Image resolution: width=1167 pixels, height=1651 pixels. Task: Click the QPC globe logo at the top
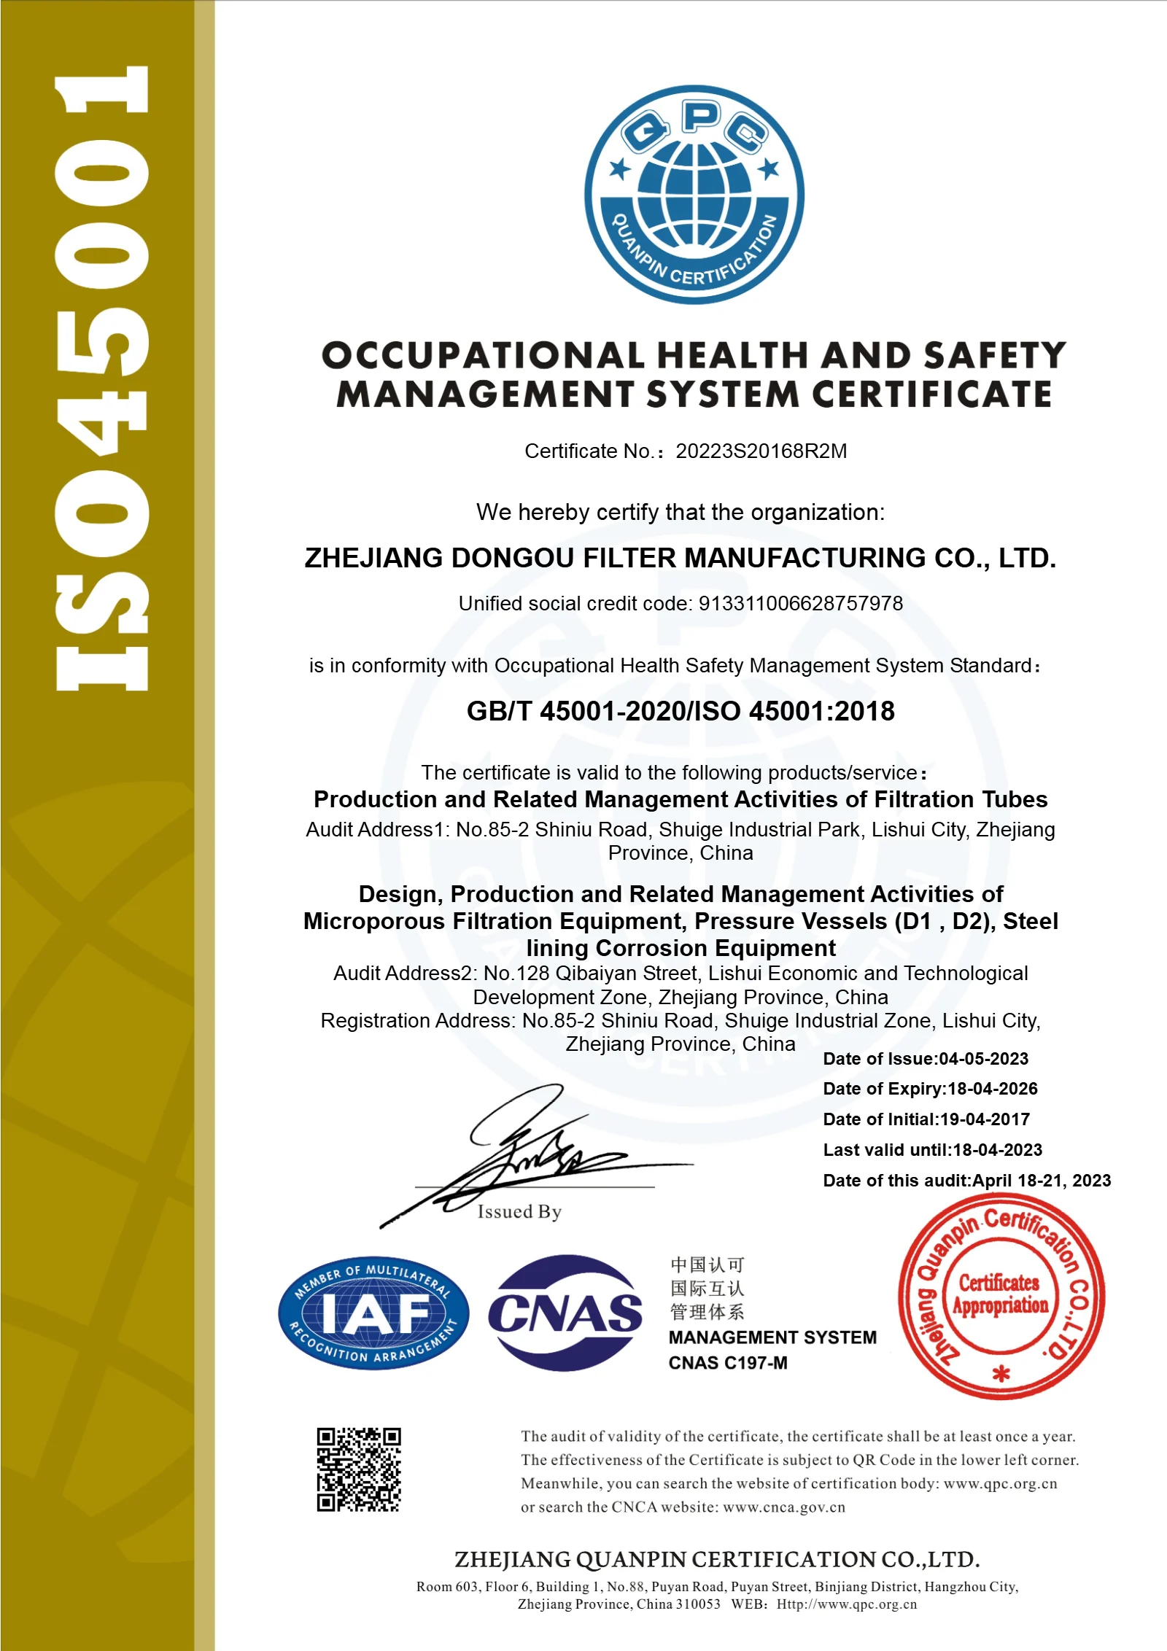(x=694, y=195)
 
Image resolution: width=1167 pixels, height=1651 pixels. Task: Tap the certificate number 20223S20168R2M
(x=761, y=451)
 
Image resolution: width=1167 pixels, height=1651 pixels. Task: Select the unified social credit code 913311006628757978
(x=800, y=604)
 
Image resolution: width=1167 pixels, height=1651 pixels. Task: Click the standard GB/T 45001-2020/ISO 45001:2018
(x=680, y=711)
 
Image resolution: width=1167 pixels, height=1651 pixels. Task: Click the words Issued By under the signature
(x=519, y=1212)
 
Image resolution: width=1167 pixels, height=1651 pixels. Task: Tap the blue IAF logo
(x=373, y=1313)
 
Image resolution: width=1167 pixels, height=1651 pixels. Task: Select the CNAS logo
(x=565, y=1313)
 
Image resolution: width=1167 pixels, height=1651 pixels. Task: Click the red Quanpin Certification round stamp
(x=1001, y=1297)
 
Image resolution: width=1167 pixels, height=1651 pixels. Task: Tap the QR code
(x=359, y=1469)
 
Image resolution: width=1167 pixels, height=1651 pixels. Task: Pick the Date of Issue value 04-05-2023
(x=983, y=1059)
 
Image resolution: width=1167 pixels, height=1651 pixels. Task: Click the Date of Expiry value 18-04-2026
(x=992, y=1089)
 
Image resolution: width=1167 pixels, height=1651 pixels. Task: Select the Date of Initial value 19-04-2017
(x=985, y=1119)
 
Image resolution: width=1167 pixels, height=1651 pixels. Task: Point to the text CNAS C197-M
(x=728, y=1363)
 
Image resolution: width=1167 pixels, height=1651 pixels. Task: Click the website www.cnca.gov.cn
(x=784, y=1507)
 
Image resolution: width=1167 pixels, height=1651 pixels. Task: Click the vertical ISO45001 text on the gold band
(x=102, y=379)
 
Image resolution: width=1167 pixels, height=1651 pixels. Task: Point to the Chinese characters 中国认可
(x=707, y=1265)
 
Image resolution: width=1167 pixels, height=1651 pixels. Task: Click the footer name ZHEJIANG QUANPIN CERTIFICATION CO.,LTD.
(x=717, y=1560)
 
